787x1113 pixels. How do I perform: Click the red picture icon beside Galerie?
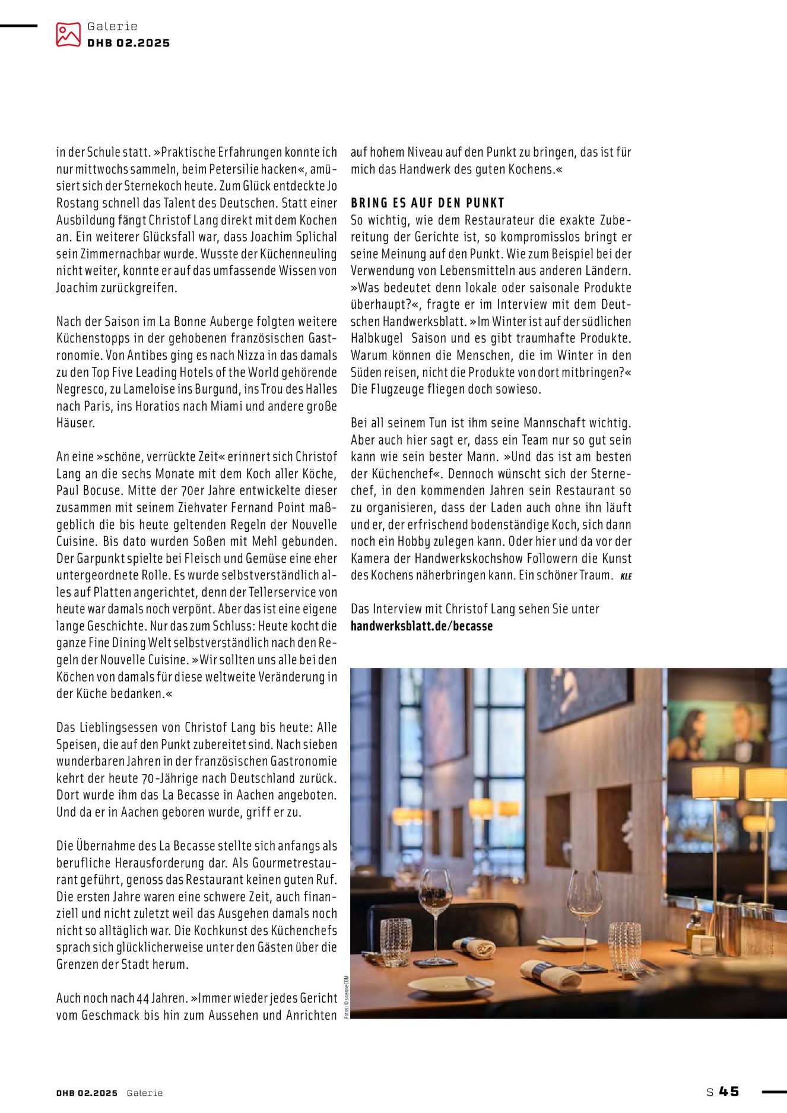[68, 34]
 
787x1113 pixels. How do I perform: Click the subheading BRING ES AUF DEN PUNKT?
[427, 203]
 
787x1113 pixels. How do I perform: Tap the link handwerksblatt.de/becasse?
[421, 626]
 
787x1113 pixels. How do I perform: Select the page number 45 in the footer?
[729, 1091]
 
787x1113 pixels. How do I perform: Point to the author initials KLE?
[626, 576]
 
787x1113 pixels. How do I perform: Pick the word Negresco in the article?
[82, 389]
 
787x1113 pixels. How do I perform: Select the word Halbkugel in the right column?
[376, 338]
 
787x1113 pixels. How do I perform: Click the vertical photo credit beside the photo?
[347, 997]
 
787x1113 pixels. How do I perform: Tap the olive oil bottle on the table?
[693, 930]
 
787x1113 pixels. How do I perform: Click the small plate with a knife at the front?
[450, 984]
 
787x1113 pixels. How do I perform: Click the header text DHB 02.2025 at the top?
[128, 43]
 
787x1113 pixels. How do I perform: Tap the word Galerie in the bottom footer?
[144, 1093]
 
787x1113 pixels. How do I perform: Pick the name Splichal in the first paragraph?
[317, 237]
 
